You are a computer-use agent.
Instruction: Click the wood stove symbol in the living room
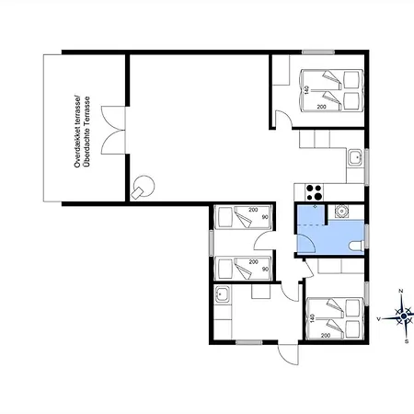[143, 187]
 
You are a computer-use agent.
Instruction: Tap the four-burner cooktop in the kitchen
[314, 192]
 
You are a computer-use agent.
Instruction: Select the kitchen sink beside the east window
[356, 157]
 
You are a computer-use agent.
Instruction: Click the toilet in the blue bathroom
[357, 246]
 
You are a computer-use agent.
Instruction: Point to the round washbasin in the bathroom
[341, 211]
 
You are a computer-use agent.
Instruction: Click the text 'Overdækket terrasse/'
[77, 132]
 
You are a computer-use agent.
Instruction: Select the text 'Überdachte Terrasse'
[87, 132]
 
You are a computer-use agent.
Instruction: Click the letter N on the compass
[400, 291]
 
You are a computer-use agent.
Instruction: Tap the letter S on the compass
[407, 341]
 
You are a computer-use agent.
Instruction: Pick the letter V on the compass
[379, 319]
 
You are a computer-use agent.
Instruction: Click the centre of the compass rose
[404, 316]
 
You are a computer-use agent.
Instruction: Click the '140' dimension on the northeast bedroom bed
[305, 90]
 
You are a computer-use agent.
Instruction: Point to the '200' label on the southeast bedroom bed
[326, 336]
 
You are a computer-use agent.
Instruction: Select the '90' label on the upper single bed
[265, 217]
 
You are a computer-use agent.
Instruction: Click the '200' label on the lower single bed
[253, 262]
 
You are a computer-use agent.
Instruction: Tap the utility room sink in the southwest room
[222, 294]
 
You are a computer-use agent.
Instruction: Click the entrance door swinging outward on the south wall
[288, 354]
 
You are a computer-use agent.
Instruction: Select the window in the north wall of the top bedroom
[318, 52]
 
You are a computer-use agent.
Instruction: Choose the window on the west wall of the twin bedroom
[212, 243]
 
